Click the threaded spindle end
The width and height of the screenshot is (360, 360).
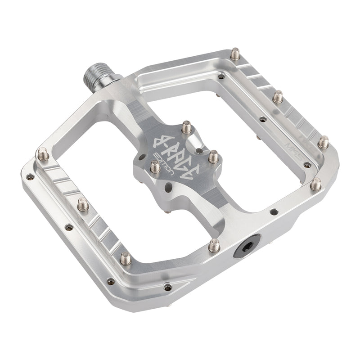point(96,76)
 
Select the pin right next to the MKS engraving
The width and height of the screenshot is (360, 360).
point(323,143)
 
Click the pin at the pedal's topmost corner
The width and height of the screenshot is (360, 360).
point(235,54)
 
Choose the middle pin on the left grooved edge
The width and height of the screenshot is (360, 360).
point(82,204)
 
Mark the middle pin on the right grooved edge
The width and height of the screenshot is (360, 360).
point(278,96)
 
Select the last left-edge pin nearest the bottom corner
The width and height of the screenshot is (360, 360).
point(126,259)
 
